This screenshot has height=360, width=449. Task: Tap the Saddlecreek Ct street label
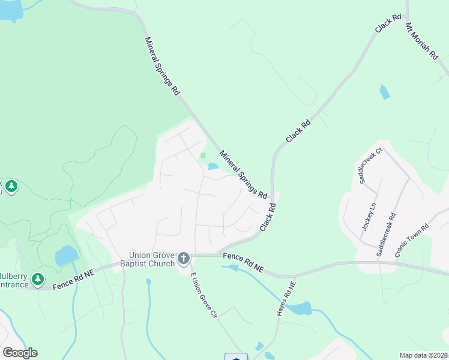[370, 166]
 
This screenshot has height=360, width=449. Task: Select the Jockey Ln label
[369, 217]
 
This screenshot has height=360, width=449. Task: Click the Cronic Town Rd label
[412, 240]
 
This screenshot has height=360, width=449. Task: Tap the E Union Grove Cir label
[203, 295]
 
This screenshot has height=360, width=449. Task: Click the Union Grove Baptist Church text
[147, 259]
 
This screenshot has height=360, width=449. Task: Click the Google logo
[20, 352]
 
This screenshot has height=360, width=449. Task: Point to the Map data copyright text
[424, 355]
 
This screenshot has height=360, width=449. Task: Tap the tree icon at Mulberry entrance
[38, 279]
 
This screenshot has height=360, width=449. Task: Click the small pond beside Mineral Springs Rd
[212, 166]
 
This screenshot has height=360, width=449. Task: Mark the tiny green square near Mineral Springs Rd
[203, 155]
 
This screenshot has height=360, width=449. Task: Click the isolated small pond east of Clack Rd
[384, 92]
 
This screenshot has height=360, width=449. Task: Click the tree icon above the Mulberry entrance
[11, 187]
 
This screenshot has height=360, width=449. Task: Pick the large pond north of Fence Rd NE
[66, 256]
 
